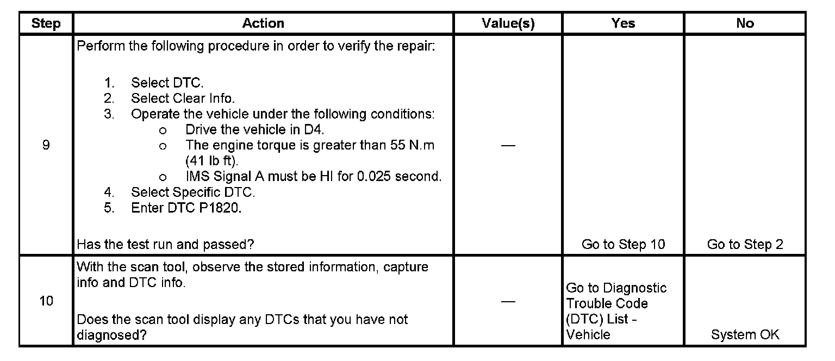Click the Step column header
pos(46,23)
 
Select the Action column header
pos(263,23)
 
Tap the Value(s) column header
pos(508,23)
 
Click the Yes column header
pos(623,23)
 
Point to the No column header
pos(745,23)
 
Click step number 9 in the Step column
pos(46,145)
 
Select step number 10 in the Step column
pos(46,301)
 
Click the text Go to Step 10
pos(623,245)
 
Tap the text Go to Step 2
pos(745,245)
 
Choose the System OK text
pos(745,335)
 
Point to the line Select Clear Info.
pos(183,98)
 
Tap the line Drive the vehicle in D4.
pos(254,130)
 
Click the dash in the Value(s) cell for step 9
pos(508,146)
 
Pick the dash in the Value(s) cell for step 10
pos(508,302)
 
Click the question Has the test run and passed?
pos(165,245)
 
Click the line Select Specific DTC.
pos(192,192)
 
